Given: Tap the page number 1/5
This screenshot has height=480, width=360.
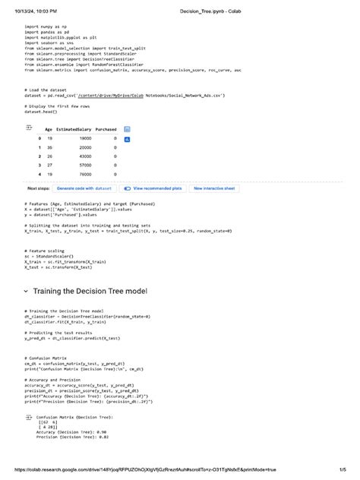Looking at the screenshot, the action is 343,471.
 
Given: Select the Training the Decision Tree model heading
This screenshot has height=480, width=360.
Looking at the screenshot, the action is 90,292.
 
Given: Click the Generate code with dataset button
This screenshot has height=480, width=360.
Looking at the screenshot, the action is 84,188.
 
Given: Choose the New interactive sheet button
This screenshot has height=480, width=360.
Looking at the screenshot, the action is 214,188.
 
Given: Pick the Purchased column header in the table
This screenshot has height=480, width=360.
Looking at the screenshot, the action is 106,130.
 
